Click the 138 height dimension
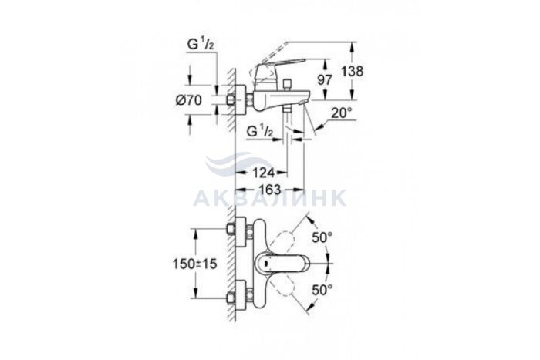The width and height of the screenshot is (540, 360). tap(353, 71)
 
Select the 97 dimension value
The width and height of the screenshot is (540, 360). tap(325, 80)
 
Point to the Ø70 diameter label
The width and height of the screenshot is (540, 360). tap(189, 100)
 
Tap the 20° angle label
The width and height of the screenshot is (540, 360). tap(342, 113)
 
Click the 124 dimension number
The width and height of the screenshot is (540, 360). tap(264, 173)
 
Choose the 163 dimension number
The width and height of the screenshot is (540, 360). tap(270, 190)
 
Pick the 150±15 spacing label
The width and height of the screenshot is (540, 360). tap(195, 264)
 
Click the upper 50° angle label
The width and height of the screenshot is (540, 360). tap(322, 237)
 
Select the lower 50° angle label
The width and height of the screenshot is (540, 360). tap(322, 290)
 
